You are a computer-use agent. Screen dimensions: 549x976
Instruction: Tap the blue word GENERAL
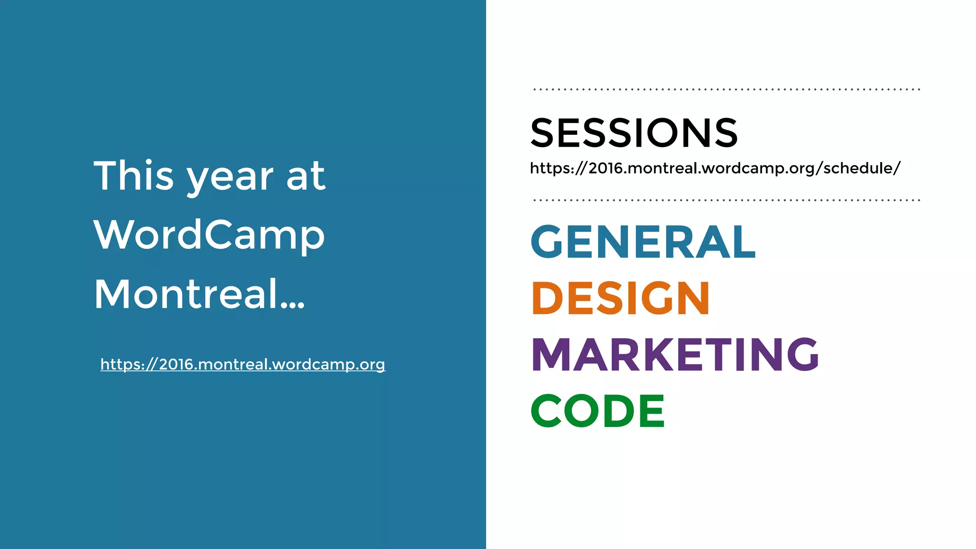643,242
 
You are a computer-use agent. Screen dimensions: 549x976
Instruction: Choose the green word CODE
598,410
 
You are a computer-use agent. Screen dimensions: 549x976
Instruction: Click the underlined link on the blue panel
243,364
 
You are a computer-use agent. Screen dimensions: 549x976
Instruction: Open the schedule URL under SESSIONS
715,168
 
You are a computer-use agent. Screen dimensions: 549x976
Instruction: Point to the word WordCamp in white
209,234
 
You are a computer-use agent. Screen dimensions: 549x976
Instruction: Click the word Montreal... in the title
199,294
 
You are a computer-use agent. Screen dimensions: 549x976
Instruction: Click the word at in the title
306,176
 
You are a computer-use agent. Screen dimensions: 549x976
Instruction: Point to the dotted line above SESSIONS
727,89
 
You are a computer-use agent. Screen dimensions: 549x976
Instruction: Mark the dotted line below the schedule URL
727,200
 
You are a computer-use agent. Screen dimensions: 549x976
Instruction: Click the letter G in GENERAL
547,242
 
